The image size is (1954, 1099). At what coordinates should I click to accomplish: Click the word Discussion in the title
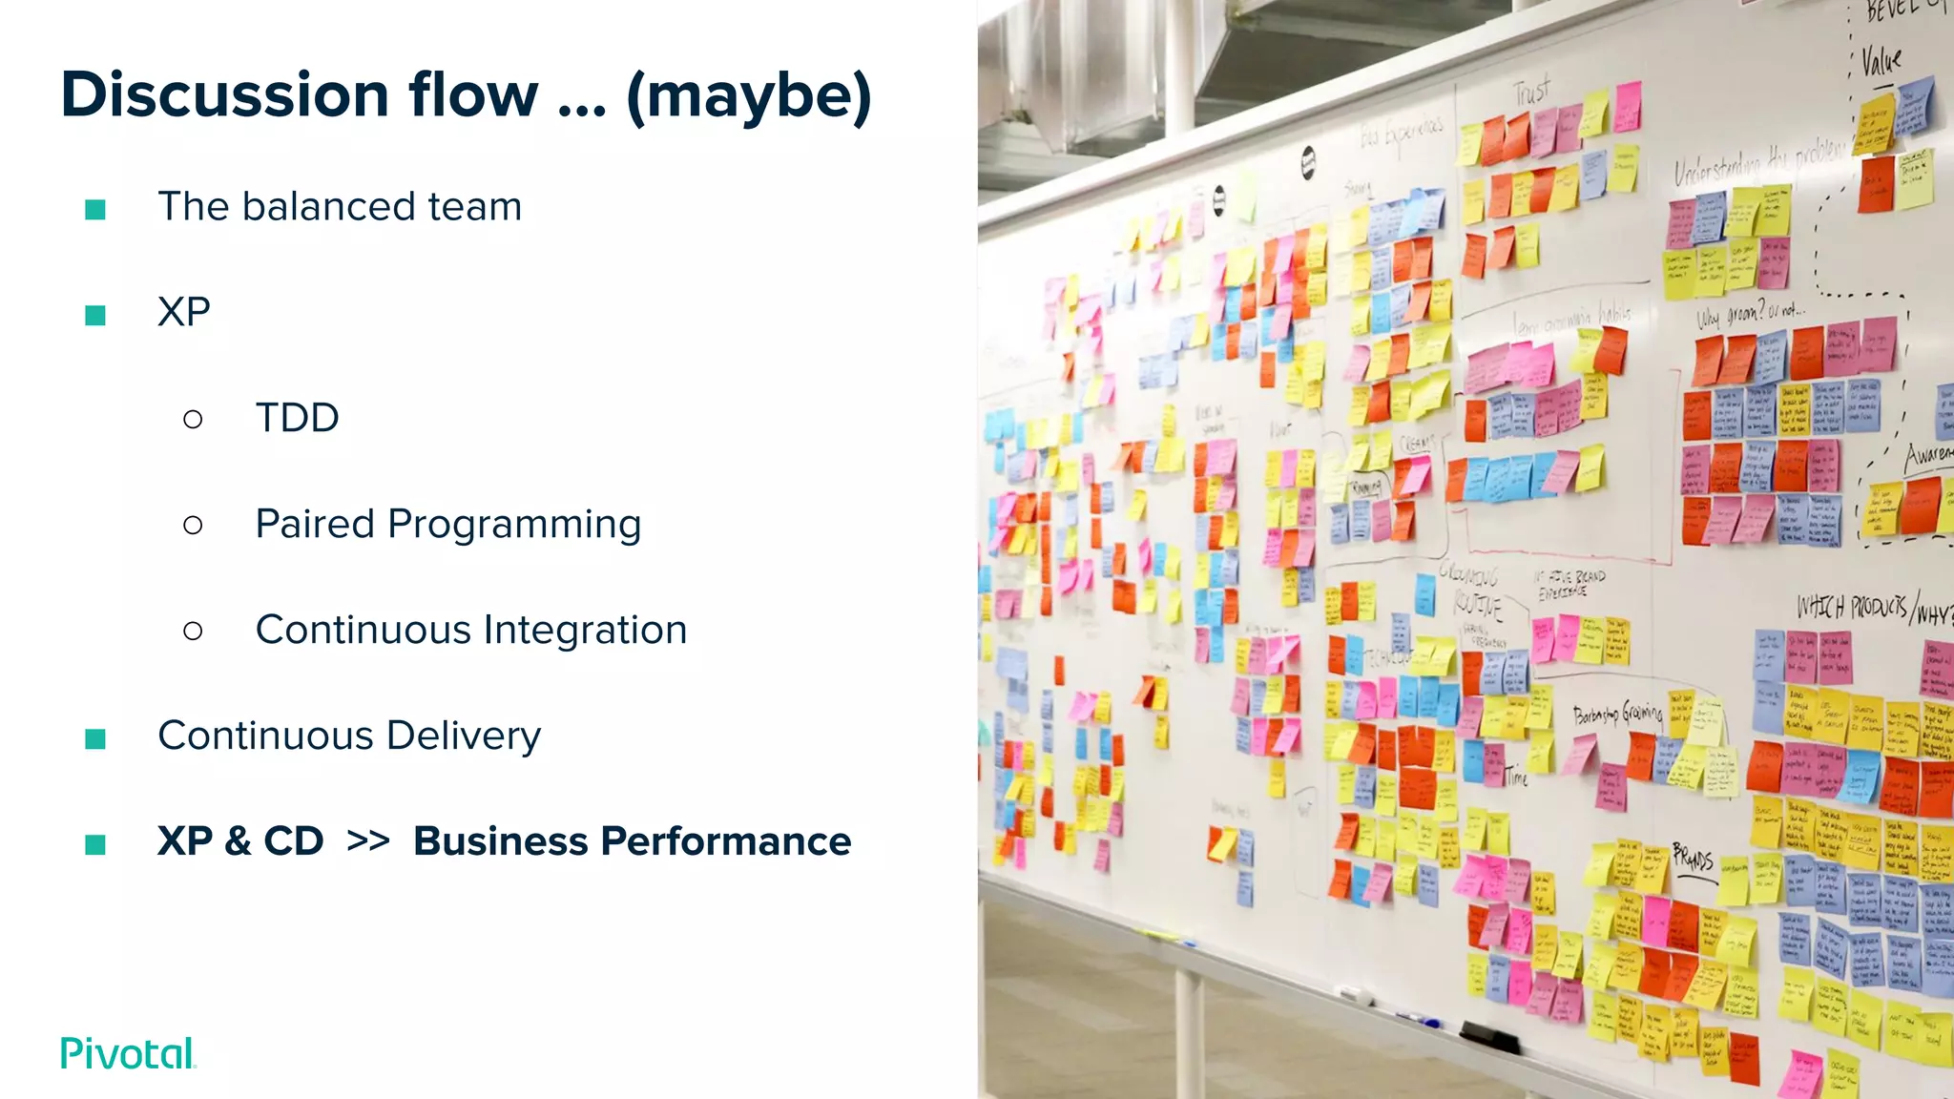(225, 95)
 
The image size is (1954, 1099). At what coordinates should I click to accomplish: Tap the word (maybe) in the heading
(748, 95)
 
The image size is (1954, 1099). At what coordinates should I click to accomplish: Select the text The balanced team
(340, 207)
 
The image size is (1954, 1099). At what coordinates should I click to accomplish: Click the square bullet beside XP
(95, 315)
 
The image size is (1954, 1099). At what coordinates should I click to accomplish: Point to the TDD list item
(297, 418)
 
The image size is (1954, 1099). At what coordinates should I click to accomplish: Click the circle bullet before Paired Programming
(193, 525)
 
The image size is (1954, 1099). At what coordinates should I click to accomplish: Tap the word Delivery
(464, 736)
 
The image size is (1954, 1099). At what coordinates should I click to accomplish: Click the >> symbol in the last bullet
(368, 841)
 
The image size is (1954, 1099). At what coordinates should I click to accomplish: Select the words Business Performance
(632, 841)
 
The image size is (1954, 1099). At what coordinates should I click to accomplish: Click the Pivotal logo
(128, 1053)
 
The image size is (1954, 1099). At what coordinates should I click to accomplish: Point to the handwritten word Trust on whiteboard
(1531, 92)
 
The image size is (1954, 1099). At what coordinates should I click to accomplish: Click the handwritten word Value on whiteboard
(1881, 62)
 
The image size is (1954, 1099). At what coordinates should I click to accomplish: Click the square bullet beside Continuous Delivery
(95, 738)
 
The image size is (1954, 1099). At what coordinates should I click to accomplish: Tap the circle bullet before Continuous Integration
(193, 631)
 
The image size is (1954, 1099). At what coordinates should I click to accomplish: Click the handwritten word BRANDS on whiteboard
(1693, 856)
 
